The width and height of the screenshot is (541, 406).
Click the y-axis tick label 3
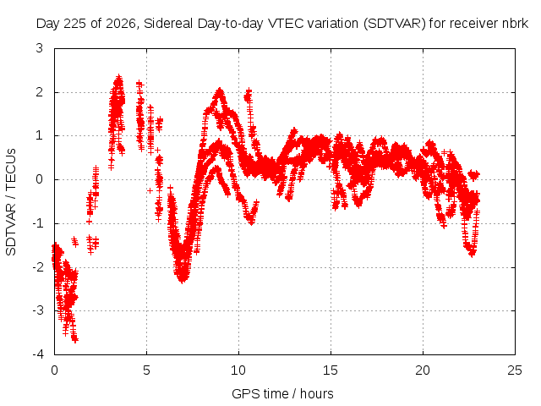tap(40, 48)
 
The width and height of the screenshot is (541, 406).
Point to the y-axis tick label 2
tap(40, 92)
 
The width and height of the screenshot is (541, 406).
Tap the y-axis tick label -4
tap(37, 354)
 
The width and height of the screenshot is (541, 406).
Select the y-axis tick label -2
tap(37, 267)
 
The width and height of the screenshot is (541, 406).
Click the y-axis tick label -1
tap(37, 223)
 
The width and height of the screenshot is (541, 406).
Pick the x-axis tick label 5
tap(146, 370)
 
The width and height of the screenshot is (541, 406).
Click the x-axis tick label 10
tap(238, 370)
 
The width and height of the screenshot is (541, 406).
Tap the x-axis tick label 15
tap(331, 370)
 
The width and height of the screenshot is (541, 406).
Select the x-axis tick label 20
tap(423, 370)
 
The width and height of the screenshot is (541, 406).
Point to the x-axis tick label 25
tap(515, 370)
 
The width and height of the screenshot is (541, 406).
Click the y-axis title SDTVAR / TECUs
tap(11, 202)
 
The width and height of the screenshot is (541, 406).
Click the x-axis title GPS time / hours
tap(282, 393)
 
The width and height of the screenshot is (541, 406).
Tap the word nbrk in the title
tap(516, 24)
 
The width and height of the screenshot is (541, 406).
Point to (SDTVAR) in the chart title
tap(395, 24)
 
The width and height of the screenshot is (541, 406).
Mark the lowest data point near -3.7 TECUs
tap(75, 340)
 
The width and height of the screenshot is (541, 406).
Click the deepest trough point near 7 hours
tap(183, 280)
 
